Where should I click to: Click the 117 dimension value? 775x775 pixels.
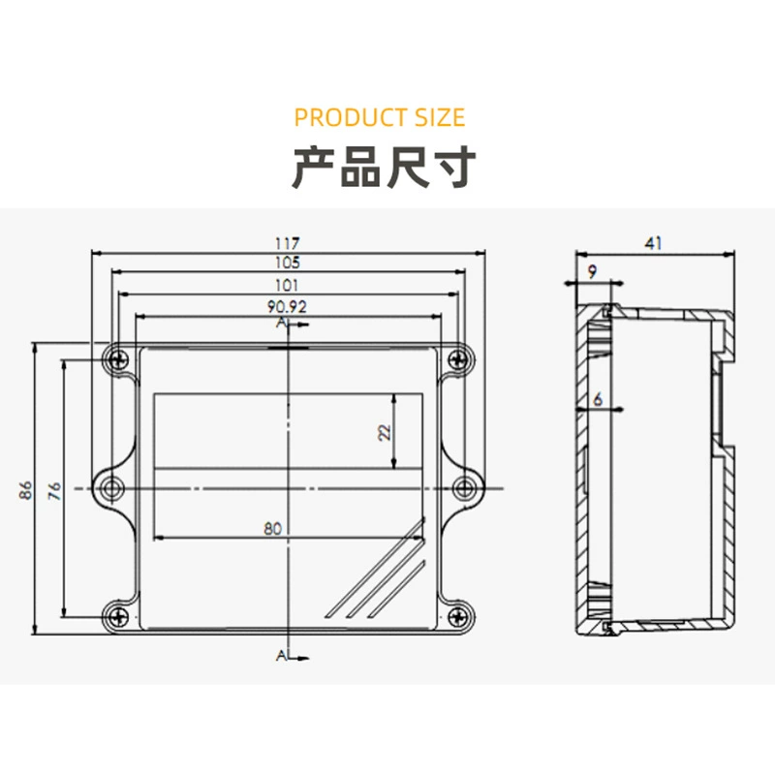point(287,243)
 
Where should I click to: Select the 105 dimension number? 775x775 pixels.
point(287,262)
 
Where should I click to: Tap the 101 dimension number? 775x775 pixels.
point(287,285)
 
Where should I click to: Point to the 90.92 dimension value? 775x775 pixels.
point(287,306)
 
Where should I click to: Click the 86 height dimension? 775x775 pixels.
point(26,489)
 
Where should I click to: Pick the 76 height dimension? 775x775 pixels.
point(54,490)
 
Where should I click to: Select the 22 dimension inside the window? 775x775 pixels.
point(384,432)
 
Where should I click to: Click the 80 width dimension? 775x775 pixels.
point(272,528)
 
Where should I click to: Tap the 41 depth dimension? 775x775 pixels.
point(653,243)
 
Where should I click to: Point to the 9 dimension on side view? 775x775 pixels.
point(592,271)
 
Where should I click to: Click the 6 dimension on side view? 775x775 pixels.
point(598,398)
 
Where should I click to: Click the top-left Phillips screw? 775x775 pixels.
point(118,359)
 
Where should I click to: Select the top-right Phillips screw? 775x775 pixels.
point(458,359)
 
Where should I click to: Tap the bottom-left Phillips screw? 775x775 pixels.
point(118,616)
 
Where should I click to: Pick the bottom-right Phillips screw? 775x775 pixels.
point(458,616)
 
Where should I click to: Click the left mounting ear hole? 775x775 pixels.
point(111,488)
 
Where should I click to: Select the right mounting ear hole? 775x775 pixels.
point(465,488)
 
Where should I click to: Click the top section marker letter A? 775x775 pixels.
point(282,323)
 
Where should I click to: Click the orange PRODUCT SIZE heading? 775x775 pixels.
point(380,117)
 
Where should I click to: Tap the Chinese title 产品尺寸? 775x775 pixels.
point(384,167)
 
